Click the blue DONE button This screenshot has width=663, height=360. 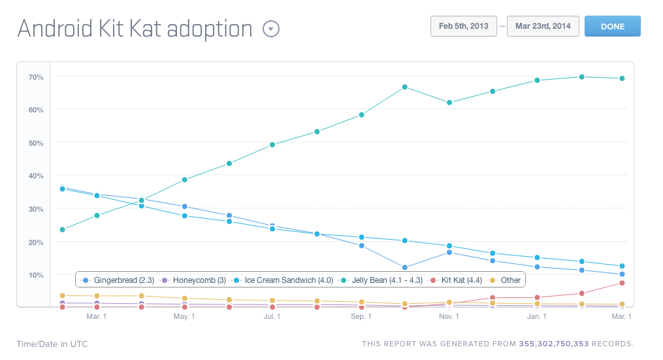(612, 27)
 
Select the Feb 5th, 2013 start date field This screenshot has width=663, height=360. (463, 27)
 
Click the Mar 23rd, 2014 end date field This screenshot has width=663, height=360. (542, 27)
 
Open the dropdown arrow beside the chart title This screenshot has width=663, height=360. (270, 29)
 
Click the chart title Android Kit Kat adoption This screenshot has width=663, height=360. (135, 29)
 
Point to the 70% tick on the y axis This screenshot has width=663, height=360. (36, 77)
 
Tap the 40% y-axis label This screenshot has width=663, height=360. (36, 176)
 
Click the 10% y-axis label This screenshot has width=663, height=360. (36, 275)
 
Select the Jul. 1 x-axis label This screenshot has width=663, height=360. (272, 317)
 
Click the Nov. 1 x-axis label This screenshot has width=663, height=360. (449, 317)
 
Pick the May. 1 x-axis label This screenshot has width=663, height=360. (184, 317)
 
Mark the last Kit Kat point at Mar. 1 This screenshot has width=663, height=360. (622, 283)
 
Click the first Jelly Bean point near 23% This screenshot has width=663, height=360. (62, 230)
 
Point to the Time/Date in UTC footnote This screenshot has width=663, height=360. (52, 344)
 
